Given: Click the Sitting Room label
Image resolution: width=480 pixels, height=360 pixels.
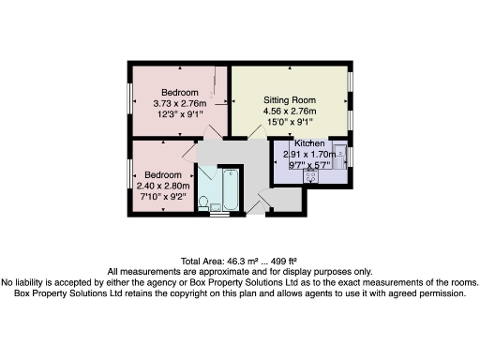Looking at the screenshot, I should coord(291,99).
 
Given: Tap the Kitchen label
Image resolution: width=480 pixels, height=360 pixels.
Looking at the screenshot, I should coord(309,142).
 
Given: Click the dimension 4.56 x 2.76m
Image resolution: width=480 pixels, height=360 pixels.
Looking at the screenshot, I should coord(291,111).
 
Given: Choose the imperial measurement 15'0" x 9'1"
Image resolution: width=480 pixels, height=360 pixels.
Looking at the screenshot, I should coord(291,122).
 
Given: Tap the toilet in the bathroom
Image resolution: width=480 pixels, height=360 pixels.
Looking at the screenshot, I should coord(204,199).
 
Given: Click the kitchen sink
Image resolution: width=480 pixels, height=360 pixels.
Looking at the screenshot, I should coord(340,153).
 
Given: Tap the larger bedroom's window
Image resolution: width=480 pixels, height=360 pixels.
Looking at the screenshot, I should coord(130,98).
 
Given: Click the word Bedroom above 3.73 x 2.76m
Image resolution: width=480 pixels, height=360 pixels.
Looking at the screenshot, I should coord(178,92).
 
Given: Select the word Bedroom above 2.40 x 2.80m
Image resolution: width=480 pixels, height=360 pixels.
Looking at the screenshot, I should coord(164,174).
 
